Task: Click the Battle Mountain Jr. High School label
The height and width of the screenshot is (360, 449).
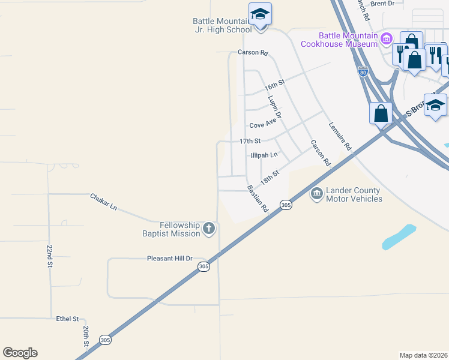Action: click(222, 25)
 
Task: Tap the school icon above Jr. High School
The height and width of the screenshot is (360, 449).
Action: click(260, 14)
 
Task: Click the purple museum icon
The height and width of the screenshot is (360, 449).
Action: click(387, 40)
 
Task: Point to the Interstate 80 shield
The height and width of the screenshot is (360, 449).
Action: click(363, 71)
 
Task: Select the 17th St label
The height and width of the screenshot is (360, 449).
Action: click(250, 141)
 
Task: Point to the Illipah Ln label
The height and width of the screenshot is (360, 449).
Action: click(264, 155)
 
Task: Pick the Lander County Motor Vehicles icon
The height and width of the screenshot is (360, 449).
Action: click(316, 194)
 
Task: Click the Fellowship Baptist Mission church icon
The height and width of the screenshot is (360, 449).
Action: click(208, 228)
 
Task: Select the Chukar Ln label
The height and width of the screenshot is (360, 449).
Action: click(103, 202)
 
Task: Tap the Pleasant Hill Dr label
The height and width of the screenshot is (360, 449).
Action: click(169, 259)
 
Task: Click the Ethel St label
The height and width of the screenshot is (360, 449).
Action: click(67, 319)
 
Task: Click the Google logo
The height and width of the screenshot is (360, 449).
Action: click(20, 353)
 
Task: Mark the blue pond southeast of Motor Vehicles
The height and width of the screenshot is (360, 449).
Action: click(398, 238)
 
